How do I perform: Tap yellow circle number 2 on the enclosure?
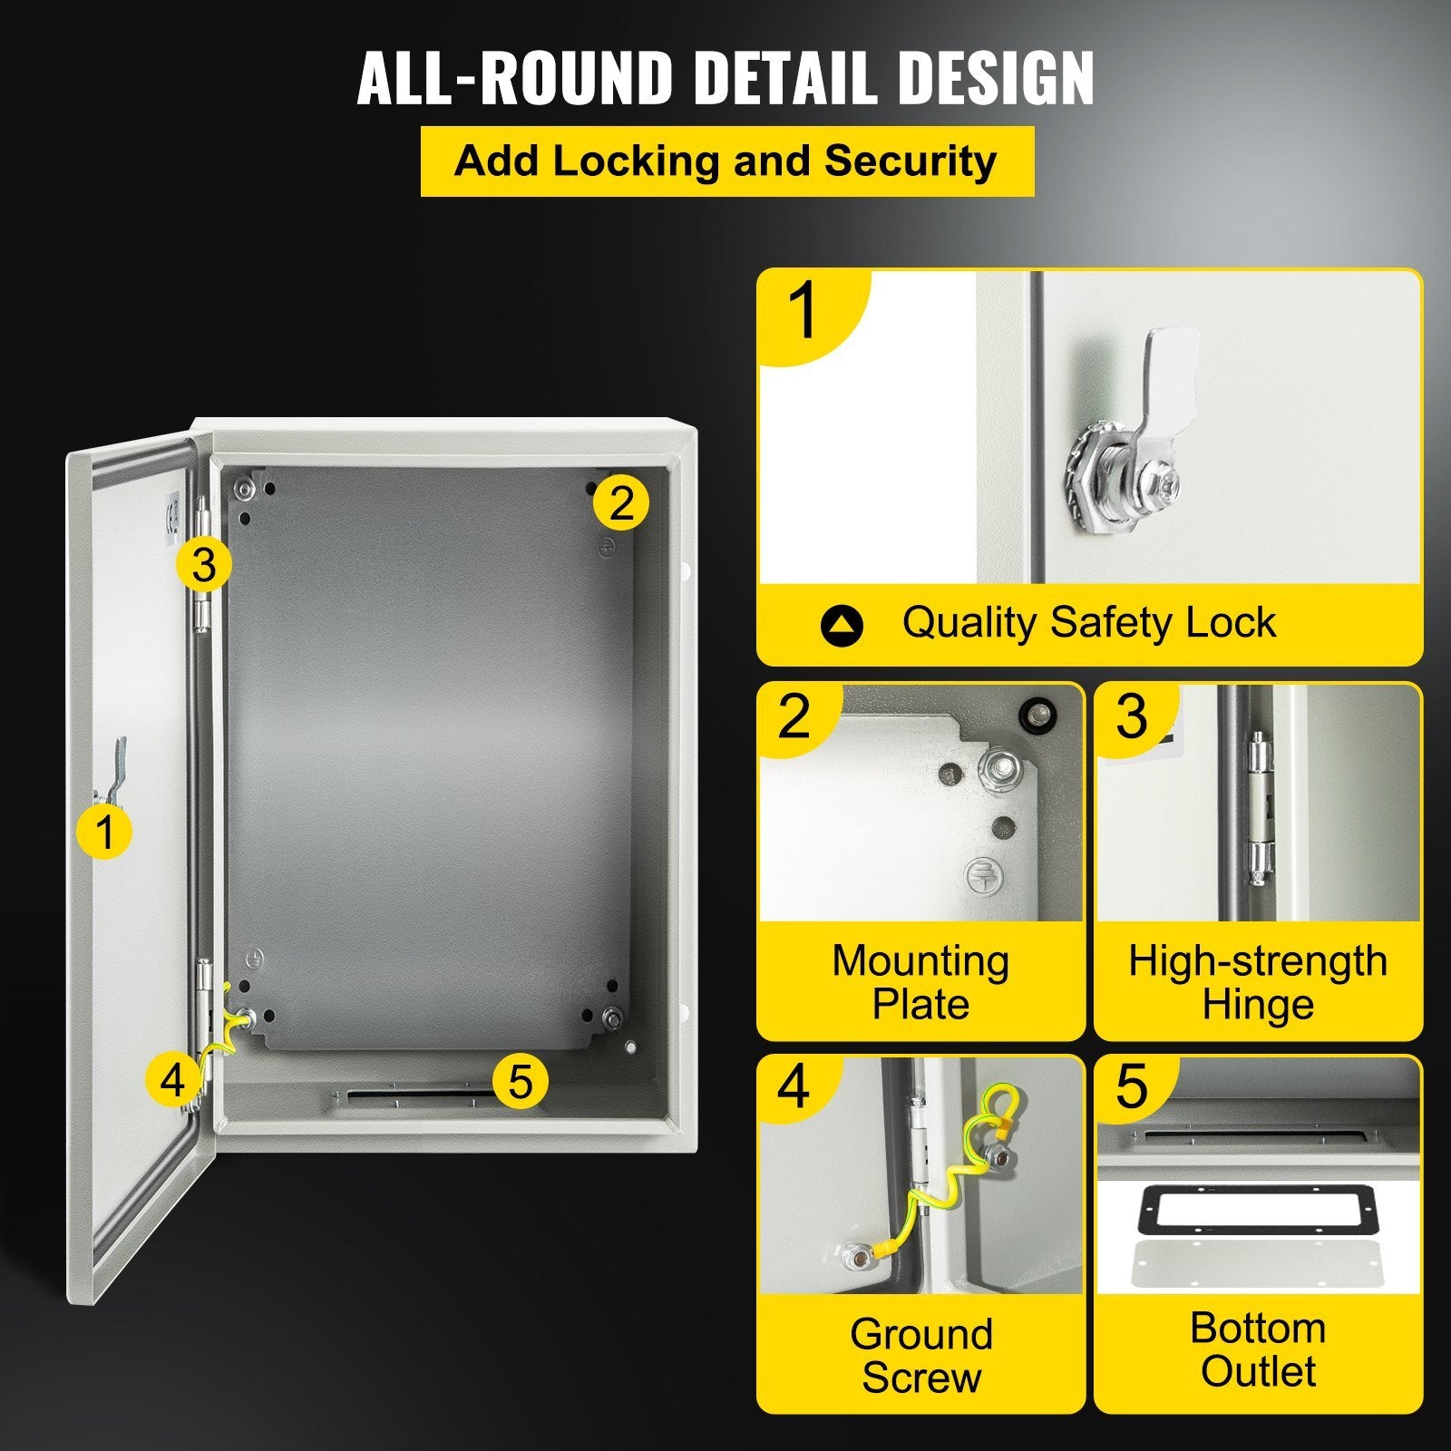coord(621,502)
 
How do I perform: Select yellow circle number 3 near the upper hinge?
coord(204,565)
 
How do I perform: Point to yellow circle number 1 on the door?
coord(105,832)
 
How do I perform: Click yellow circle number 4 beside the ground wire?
coord(172,1080)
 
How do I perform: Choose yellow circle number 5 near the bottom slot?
coord(520,1080)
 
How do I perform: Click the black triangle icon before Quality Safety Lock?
coord(841,626)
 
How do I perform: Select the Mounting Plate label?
coord(920,982)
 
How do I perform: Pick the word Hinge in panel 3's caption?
coord(1257,1005)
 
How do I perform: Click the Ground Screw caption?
coord(921,1355)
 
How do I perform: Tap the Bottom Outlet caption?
coord(1258,1349)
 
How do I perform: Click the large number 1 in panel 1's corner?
coord(803,310)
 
